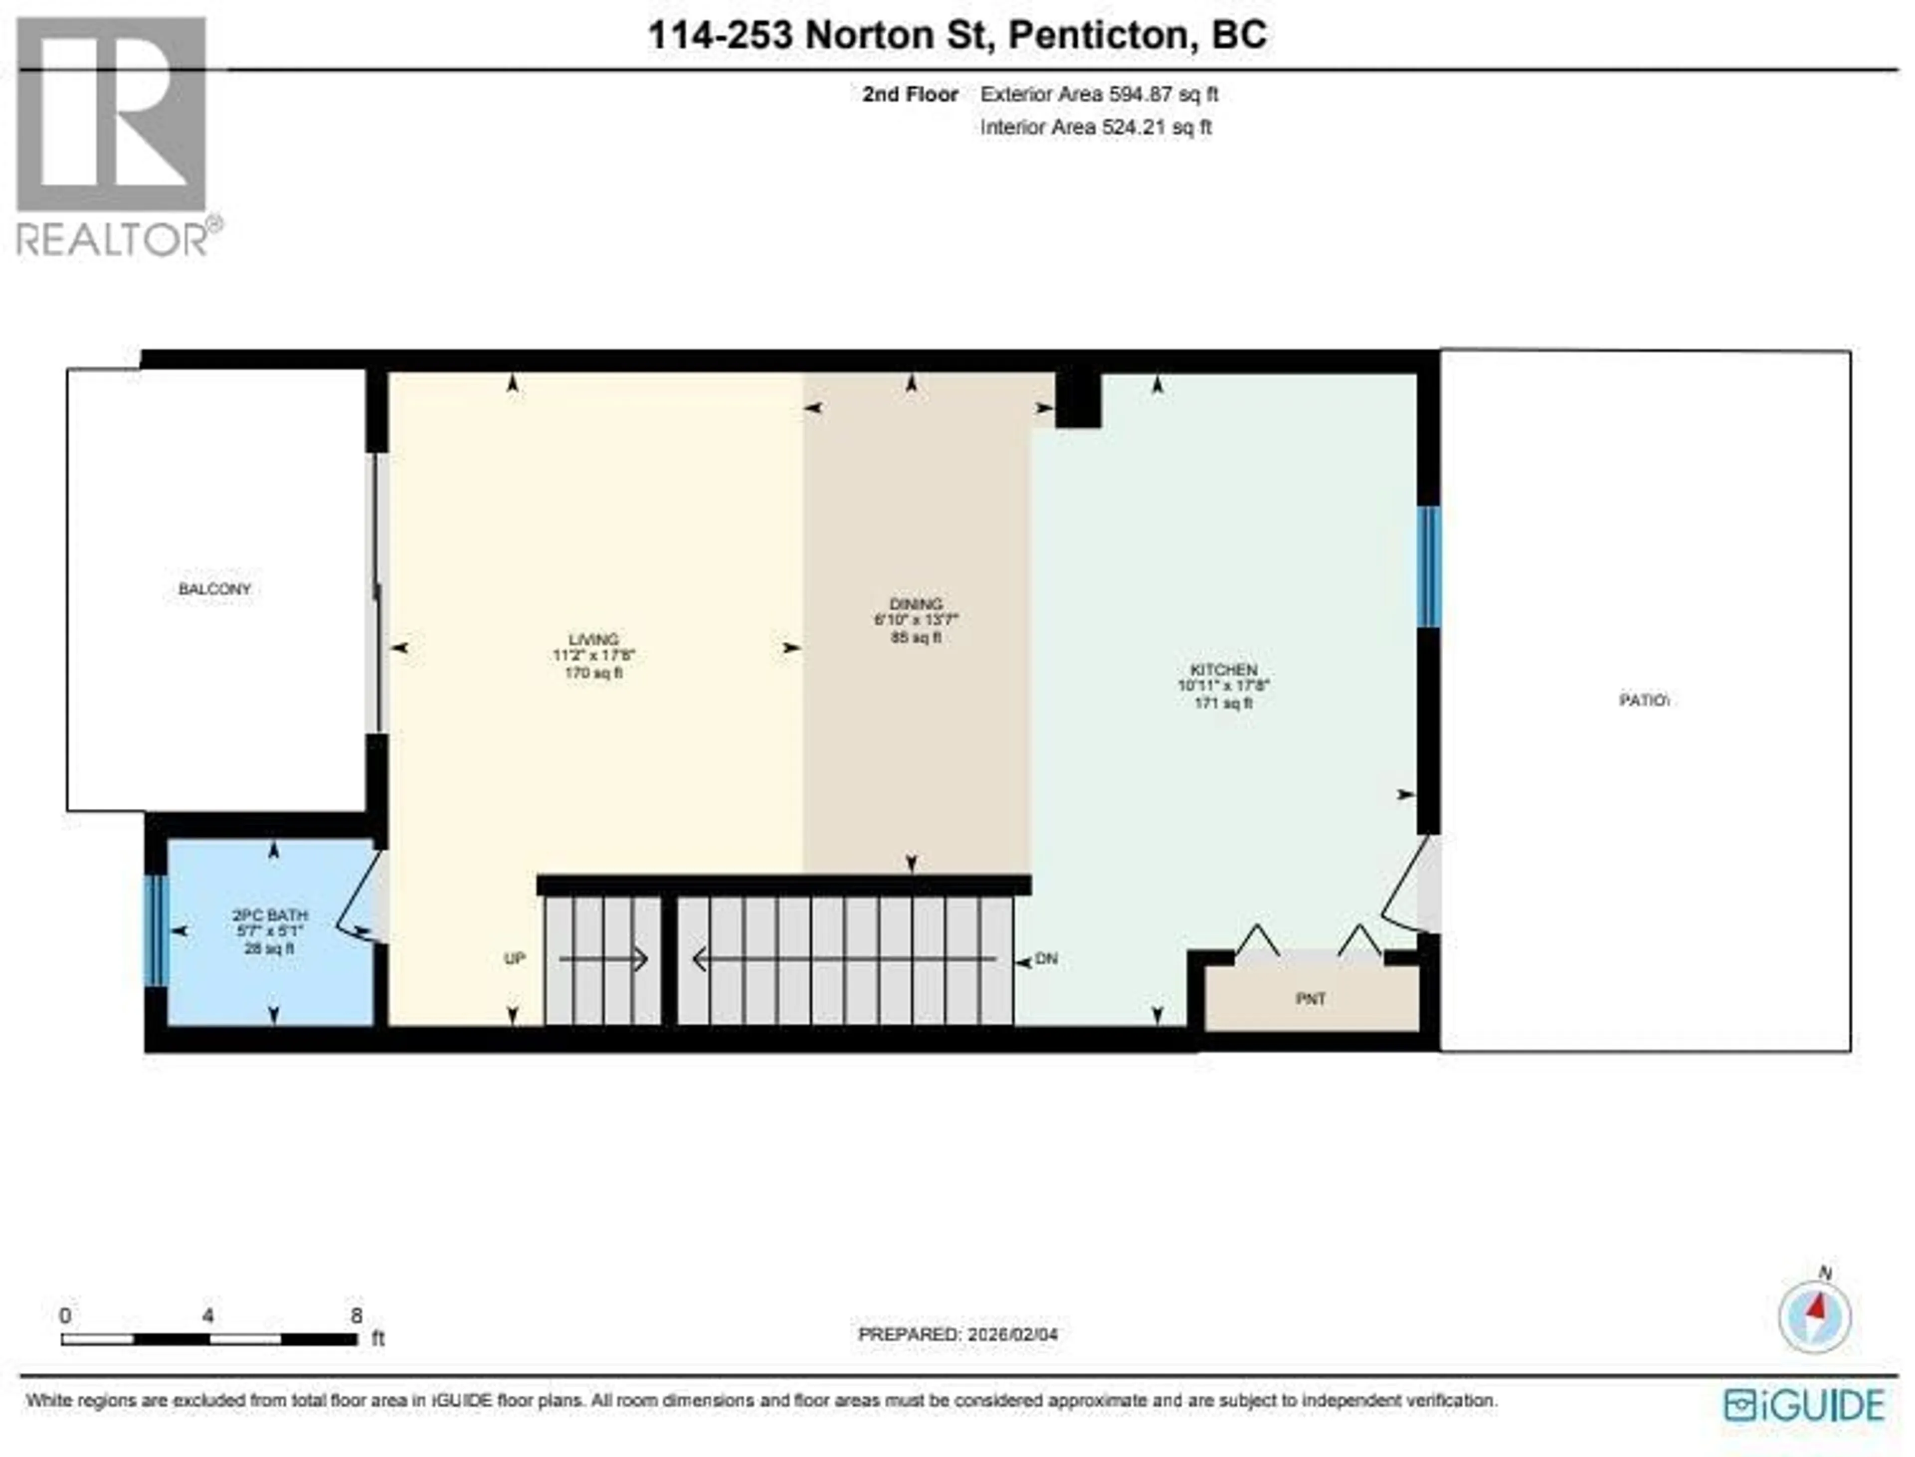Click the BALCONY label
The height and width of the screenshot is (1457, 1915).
[214, 589]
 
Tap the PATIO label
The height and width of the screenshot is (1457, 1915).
[1644, 700]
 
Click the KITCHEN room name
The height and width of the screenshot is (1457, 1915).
[1223, 670]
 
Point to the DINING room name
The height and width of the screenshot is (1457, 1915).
[916, 604]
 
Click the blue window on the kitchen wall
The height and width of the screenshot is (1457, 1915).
[1428, 566]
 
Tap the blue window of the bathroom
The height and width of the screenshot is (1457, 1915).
[156, 930]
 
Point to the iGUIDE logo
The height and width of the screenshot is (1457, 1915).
[1804, 1406]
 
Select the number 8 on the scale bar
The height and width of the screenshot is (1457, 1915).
[357, 1315]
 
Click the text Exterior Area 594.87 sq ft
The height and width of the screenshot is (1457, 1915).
[1099, 95]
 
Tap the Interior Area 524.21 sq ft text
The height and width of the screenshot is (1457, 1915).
[1096, 128]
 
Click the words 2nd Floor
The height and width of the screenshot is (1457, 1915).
[910, 95]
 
